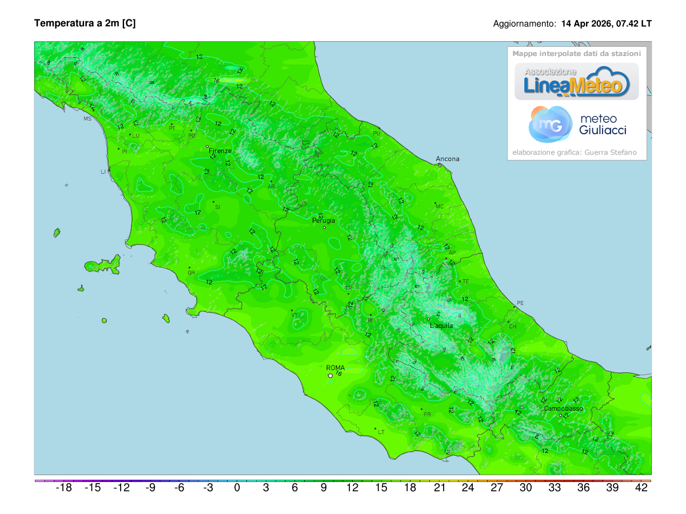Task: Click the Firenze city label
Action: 220,151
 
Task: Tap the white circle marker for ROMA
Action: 330,376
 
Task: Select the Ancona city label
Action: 447,159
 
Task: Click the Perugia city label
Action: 324,220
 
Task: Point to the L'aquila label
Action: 441,326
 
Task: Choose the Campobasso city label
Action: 563,409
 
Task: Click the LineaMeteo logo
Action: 577,82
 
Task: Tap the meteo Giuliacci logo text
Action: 603,125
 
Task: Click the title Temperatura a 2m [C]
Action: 85,23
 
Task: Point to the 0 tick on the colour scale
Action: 237,488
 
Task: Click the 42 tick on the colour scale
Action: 641,488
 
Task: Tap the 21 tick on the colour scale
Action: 439,488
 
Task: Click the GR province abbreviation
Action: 192,273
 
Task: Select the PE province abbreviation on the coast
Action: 520,303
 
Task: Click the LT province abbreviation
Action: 381,432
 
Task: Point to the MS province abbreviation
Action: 87,119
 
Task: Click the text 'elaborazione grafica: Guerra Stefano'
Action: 577,152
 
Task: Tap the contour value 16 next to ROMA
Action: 338,374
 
